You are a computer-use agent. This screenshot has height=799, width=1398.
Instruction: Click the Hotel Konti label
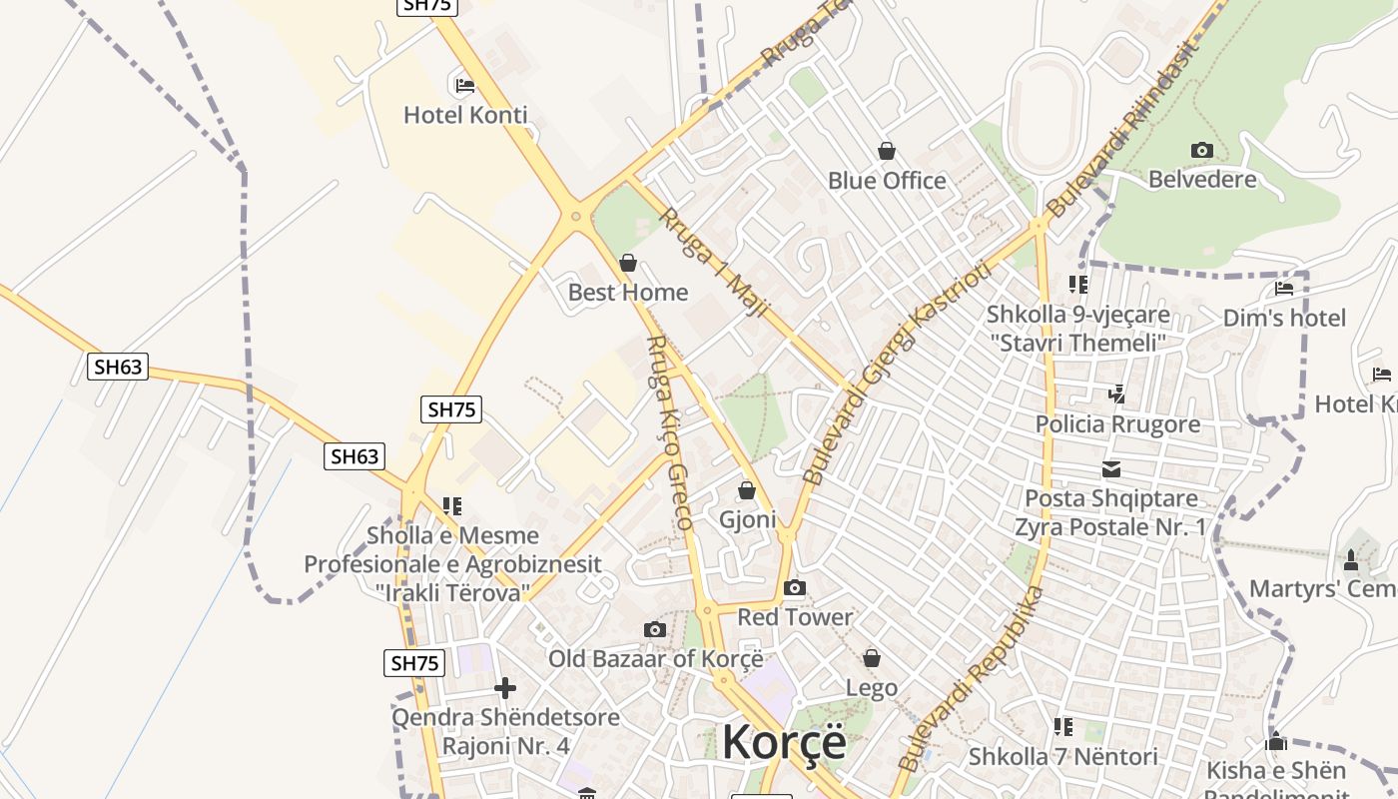click(465, 115)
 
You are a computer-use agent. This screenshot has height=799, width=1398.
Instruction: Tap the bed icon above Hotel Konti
click(464, 85)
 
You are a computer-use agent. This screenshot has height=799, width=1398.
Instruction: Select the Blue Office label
click(887, 181)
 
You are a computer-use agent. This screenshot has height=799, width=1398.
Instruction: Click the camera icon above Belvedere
click(1202, 151)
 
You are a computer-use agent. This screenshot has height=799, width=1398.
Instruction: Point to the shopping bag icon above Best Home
click(628, 264)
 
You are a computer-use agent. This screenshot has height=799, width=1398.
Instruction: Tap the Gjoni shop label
click(747, 519)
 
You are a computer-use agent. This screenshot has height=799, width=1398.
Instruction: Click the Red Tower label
click(795, 617)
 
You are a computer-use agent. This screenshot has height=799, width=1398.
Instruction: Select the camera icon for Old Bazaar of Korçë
click(655, 629)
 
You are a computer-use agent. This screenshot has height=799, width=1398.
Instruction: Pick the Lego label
click(872, 688)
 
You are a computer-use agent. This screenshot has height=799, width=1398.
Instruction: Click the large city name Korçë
click(784, 742)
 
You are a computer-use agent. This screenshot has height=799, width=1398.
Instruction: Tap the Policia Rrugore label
click(1117, 424)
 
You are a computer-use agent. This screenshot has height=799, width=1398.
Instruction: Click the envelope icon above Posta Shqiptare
click(1110, 469)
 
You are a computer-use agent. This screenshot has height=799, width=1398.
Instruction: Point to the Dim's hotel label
click(1284, 318)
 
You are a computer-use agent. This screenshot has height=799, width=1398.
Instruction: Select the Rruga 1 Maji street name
click(713, 263)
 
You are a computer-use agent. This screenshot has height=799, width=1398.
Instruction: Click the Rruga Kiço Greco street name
click(670, 431)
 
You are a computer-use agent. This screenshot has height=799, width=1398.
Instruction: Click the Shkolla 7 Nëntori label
click(1062, 757)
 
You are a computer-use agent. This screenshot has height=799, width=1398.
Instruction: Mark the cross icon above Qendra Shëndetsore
click(505, 688)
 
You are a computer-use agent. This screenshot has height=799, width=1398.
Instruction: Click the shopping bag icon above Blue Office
click(887, 152)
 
